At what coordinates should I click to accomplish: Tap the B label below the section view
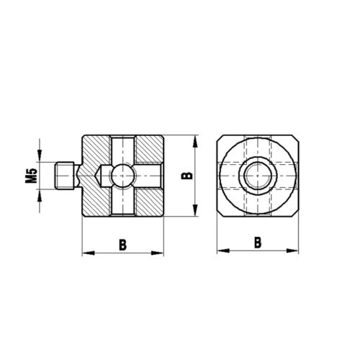pos(123,243)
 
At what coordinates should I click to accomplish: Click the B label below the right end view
pos(257,243)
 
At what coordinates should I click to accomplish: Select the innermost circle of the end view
pos(257,174)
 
